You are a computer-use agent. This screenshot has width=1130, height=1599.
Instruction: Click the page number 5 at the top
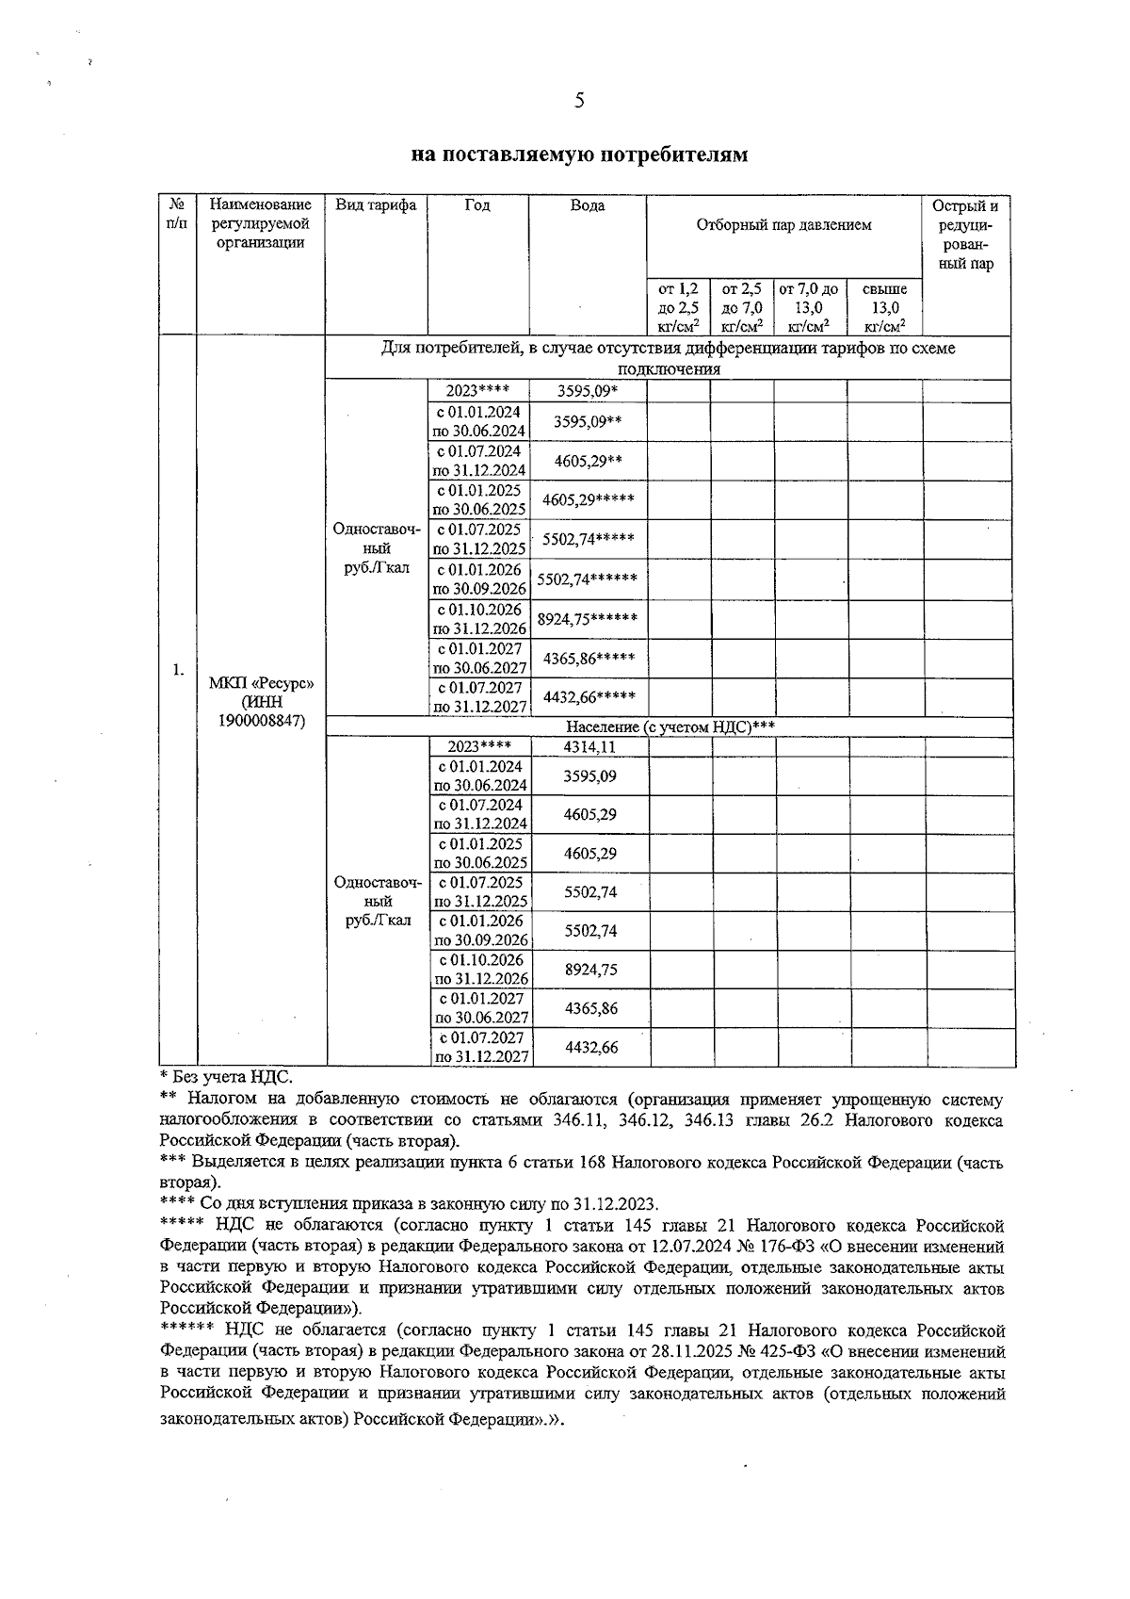point(579,101)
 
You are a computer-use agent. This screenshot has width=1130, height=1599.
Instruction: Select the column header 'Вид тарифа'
point(376,205)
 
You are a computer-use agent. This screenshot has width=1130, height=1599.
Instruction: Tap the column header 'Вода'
point(588,205)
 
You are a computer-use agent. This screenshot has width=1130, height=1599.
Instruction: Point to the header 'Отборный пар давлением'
point(783,224)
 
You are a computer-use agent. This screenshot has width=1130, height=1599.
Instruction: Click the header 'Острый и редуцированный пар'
point(965,235)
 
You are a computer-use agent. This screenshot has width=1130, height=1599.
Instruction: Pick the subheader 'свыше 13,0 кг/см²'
point(884,307)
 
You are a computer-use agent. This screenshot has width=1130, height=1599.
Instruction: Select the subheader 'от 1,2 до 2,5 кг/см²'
point(678,307)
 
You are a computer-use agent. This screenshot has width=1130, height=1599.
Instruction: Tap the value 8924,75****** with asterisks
point(588,619)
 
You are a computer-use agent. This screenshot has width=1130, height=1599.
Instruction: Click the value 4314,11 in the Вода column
point(589,747)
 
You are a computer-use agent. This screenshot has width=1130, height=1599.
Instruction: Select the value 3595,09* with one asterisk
point(588,390)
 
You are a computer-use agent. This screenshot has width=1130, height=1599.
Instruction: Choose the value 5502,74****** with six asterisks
point(588,579)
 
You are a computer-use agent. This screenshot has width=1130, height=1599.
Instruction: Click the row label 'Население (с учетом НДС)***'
point(670,726)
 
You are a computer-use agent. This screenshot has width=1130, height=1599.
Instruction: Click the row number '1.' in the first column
point(177,670)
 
